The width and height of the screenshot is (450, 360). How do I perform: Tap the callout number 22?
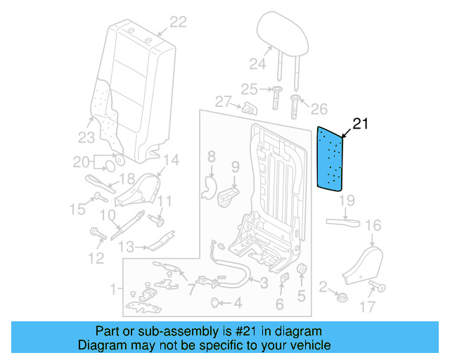click(x=177, y=22)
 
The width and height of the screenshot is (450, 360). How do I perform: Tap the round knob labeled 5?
click(x=303, y=272)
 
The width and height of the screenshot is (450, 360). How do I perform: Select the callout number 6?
click(x=279, y=304)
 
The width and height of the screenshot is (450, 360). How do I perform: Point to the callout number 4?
click(x=237, y=304)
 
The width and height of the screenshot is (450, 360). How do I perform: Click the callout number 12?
click(x=96, y=258)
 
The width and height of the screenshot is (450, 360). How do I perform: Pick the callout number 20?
click(x=81, y=162)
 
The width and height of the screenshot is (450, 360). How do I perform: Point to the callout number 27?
click(x=223, y=102)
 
